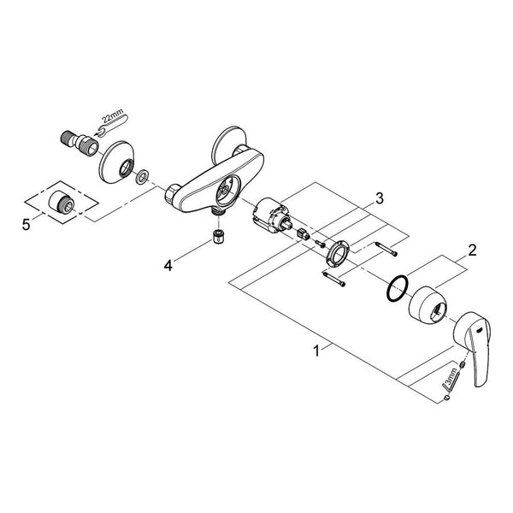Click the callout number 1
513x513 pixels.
coord(316,351)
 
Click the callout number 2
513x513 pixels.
coord(472,251)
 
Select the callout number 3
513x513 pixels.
coord(379,198)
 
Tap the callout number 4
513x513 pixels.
coord(168,266)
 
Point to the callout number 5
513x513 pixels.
coord(27,225)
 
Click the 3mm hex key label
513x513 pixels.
coord(452,376)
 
